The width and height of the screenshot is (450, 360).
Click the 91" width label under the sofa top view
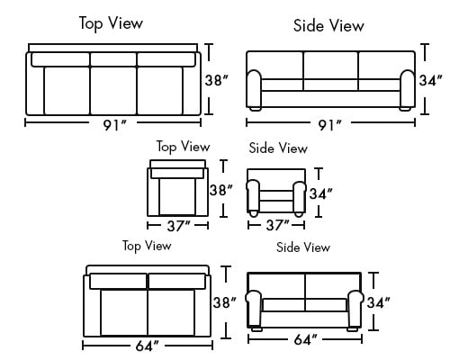pos(115,125)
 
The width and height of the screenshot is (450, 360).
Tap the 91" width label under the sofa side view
pos(329,125)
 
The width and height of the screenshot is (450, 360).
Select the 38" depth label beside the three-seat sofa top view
pos(217,80)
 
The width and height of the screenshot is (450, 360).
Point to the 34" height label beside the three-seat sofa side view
pos(430,80)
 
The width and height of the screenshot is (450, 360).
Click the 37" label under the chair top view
pos(179,226)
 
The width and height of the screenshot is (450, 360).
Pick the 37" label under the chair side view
pos(278,225)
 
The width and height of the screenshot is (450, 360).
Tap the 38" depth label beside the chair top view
pos(221,190)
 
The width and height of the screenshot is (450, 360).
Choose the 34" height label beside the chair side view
pos(321,193)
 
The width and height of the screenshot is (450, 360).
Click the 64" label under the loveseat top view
pos(147,346)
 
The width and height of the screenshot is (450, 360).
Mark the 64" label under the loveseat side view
pos(305,339)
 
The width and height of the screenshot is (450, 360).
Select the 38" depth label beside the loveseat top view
pos(225,302)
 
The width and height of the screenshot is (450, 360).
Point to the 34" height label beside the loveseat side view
pos(379,302)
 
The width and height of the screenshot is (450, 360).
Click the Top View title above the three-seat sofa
pos(111,23)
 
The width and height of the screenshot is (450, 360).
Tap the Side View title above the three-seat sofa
pos(328,25)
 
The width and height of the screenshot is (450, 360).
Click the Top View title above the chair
pos(183,147)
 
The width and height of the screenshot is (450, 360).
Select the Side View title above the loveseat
pos(303,247)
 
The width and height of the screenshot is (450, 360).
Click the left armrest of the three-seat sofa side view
pos(254,88)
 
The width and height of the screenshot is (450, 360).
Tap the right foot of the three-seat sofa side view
pos(405,109)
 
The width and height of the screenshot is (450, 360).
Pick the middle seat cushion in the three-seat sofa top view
pos(113,91)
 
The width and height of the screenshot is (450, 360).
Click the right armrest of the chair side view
pos(299,196)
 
